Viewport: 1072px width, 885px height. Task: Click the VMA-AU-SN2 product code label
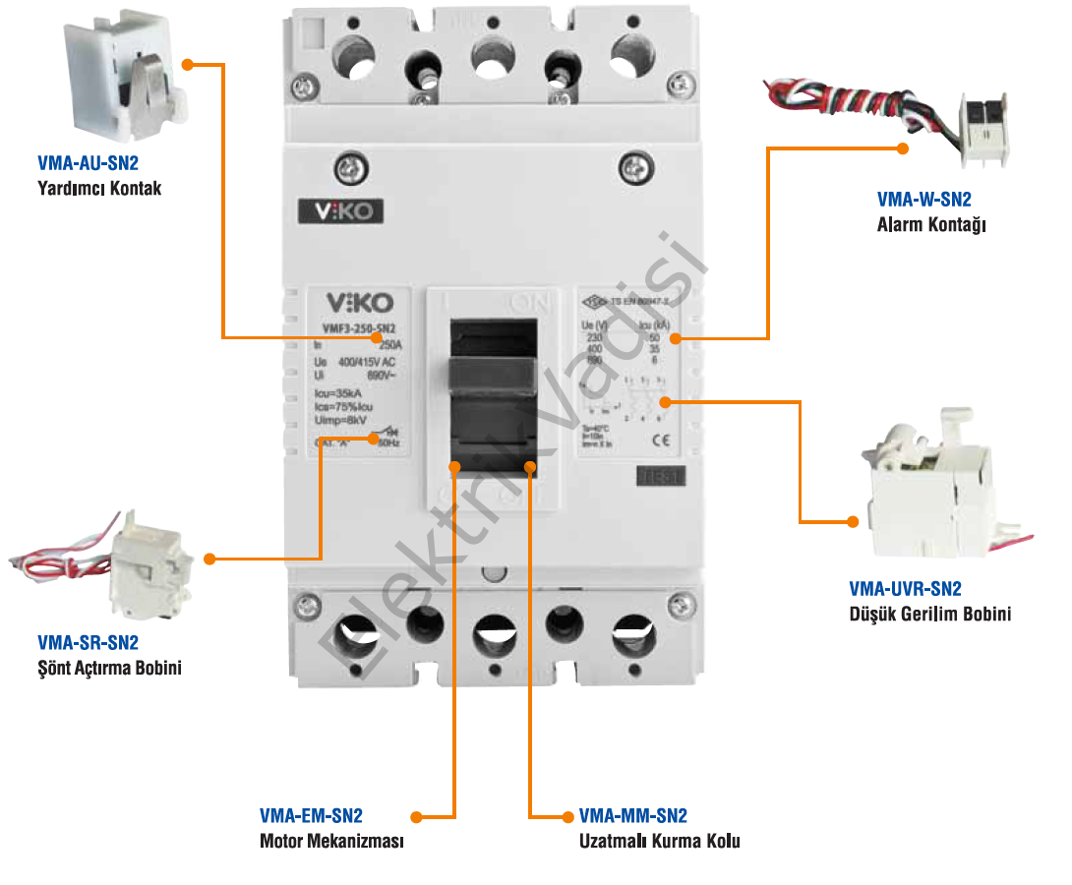88,164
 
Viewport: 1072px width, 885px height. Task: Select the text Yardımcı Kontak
99,188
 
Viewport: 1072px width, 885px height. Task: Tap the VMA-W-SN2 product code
923,201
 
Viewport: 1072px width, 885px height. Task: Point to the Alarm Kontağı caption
930,225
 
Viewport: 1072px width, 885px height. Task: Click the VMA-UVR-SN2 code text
905,590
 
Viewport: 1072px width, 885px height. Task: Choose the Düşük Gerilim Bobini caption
929,615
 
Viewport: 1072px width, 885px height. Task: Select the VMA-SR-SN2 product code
88,644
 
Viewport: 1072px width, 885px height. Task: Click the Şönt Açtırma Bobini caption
109,669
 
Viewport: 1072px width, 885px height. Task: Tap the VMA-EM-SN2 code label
311,816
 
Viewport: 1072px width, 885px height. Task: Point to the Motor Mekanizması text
331,842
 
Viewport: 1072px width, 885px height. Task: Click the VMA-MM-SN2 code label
633,816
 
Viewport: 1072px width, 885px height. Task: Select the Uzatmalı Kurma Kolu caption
659,842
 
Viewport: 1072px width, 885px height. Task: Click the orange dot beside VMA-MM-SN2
567,816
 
